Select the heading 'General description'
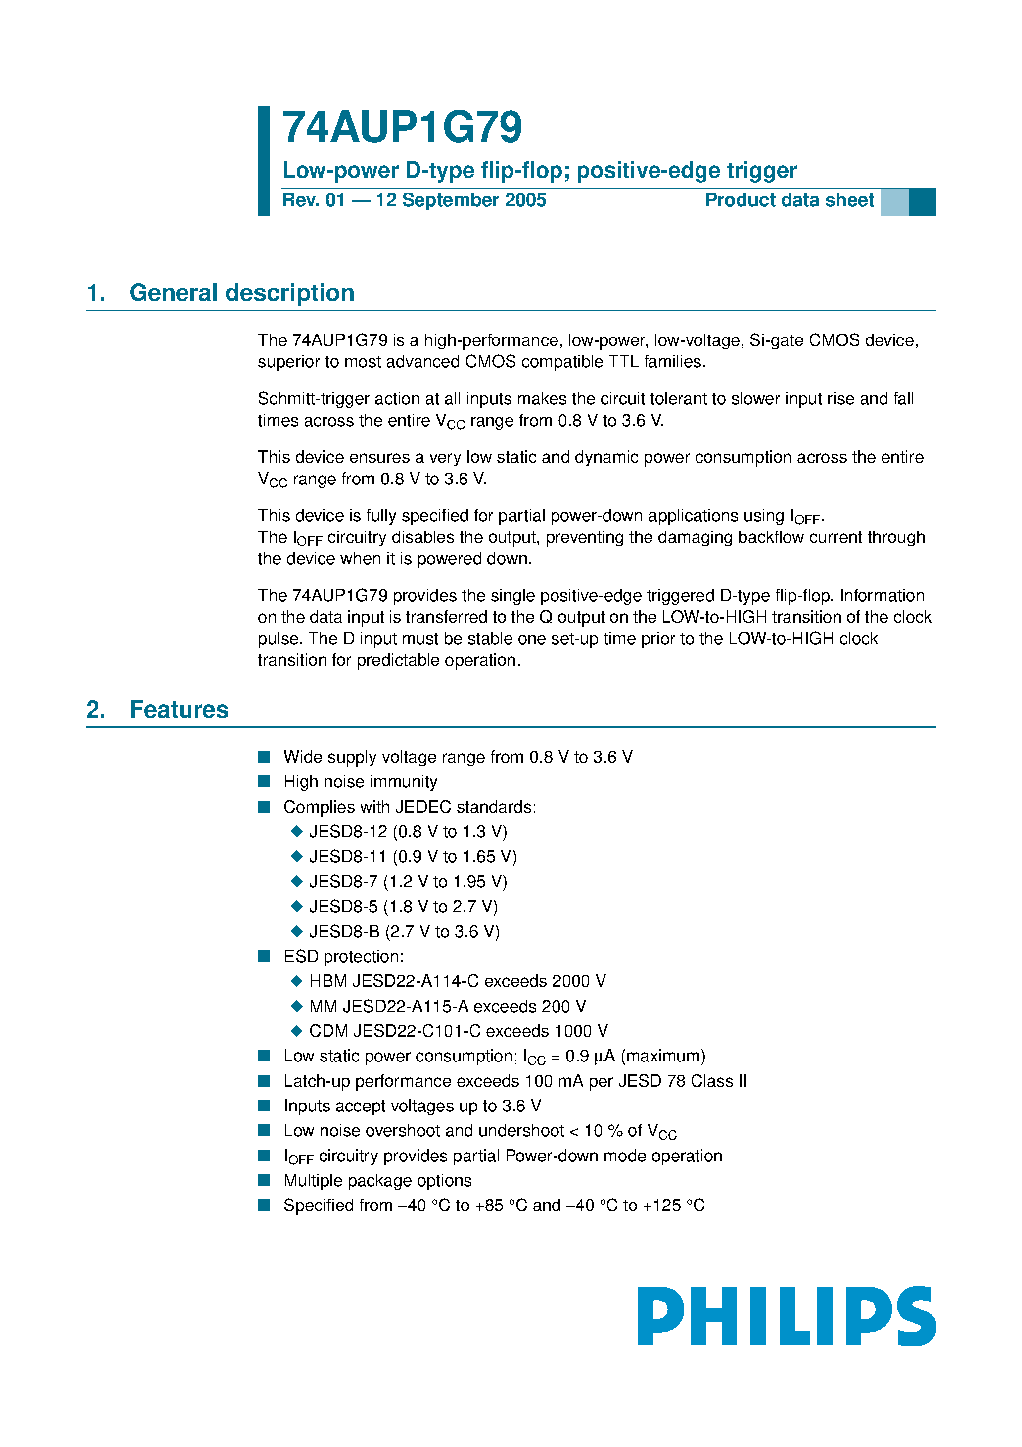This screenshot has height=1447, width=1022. tap(241, 293)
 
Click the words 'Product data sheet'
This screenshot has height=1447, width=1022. tap(789, 200)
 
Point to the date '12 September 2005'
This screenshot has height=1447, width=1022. tap(461, 200)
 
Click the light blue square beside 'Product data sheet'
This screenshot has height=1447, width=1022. tap(894, 202)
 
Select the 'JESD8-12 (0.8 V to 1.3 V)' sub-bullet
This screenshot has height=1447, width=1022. tap(408, 832)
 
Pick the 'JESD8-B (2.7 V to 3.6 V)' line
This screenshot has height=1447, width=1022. tap(404, 931)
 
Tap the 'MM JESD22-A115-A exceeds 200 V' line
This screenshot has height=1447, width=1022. tap(447, 1007)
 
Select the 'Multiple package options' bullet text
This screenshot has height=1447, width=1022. tap(377, 1180)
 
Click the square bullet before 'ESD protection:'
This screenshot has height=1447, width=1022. tap(265, 957)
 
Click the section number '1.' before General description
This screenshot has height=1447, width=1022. tap(96, 293)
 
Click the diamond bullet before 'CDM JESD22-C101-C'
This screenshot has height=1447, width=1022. tap(297, 1031)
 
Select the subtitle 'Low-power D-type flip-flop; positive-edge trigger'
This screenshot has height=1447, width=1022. tap(539, 171)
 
